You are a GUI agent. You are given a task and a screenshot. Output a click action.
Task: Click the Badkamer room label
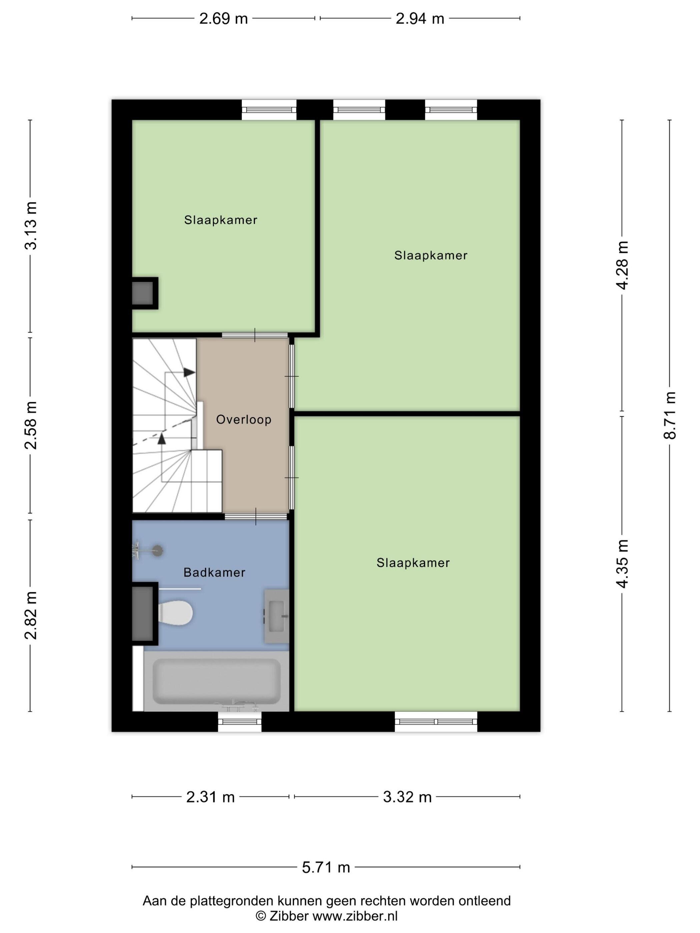point(214,572)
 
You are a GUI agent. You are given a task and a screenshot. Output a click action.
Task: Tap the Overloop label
point(243,419)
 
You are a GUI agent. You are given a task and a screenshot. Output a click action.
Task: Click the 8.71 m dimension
point(670,416)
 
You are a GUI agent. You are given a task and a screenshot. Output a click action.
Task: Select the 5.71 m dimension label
point(326,867)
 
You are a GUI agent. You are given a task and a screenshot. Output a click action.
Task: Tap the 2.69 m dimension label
point(223,19)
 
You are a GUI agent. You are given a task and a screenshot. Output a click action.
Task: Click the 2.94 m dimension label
point(420,19)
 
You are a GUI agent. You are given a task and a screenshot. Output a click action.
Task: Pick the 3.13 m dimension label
point(31,226)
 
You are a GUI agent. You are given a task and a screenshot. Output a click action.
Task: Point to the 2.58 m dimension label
point(31,425)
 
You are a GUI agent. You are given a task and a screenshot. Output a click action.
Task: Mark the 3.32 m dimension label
point(407,797)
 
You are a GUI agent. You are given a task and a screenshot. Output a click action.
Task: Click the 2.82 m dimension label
point(31,615)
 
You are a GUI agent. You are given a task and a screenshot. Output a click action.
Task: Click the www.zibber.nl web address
point(354,916)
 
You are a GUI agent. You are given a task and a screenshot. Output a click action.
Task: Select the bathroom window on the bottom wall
point(240,721)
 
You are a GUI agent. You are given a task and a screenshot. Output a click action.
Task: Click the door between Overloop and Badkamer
point(256,516)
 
